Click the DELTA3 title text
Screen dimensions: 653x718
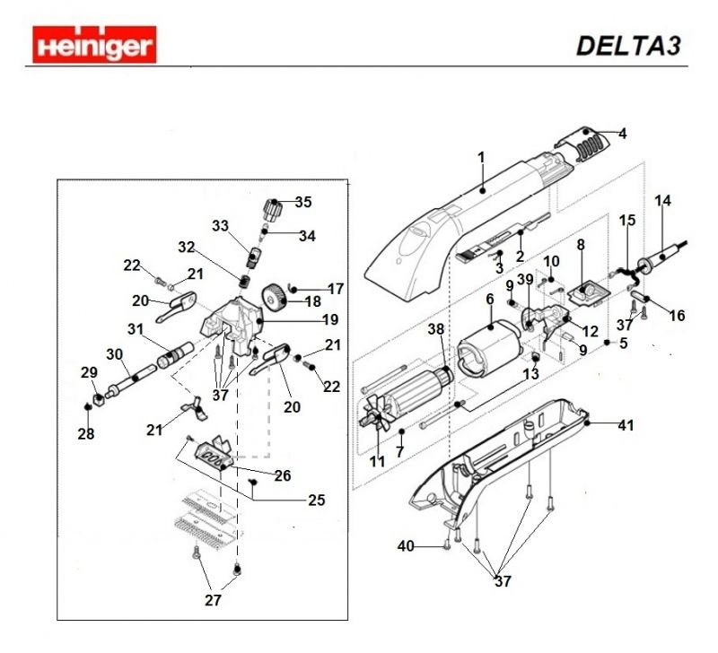[628, 46]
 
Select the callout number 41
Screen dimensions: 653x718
[626, 425]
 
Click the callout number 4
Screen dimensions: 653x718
[622, 134]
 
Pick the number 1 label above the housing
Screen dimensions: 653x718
[481, 157]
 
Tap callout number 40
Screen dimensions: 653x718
[406, 545]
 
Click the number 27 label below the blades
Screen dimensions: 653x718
[213, 600]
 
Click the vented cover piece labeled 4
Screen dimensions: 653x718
[582, 142]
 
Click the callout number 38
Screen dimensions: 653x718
[435, 330]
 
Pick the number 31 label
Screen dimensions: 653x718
[136, 329]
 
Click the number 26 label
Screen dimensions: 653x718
[282, 475]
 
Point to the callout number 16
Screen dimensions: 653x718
[677, 316]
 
